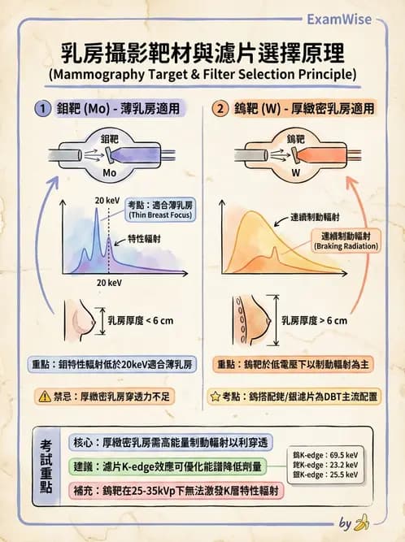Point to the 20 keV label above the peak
tap(107, 200)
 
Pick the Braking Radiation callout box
tap(345, 240)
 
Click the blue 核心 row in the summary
tap(171, 442)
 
